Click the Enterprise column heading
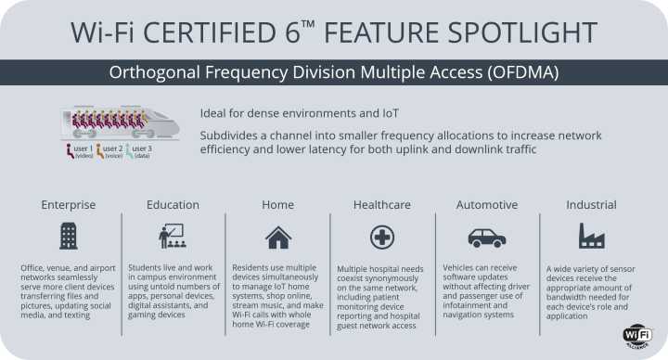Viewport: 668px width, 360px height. point(68,204)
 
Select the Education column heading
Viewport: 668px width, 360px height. point(173,204)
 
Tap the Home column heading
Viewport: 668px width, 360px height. point(277,204)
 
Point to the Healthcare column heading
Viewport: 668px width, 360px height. point(382,204)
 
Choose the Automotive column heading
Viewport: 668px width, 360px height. point(486,204)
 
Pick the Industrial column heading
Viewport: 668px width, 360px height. point(591,204)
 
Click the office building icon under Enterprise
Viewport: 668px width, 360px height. point(68,236)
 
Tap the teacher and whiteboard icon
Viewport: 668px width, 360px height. point(173,236)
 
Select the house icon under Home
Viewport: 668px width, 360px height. point(277,237)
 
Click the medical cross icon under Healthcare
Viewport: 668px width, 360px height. point(382,237)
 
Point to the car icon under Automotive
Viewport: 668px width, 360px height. point(486,237)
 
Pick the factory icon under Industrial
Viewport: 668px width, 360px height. point(591,237)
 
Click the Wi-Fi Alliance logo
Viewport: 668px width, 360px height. point(637,336)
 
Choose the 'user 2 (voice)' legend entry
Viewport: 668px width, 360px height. point(108,151)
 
